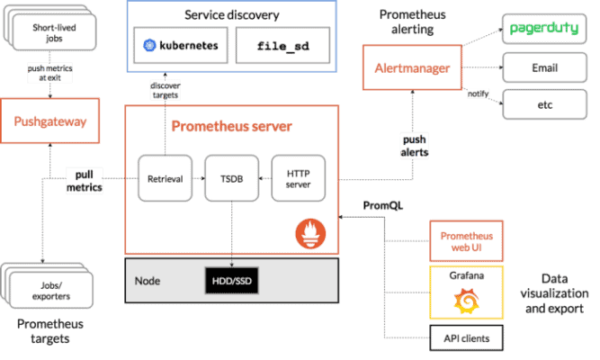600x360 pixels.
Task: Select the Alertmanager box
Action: (x=412, y=68)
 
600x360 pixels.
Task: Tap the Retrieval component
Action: (x=165, y=178)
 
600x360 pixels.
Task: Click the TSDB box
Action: (x=231, y=178)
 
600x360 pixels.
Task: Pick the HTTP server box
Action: (x=298, y=178)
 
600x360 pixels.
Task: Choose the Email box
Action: (x=543, y=68)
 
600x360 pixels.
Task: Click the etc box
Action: (x=543, y=105)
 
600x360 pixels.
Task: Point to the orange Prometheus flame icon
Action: (x=310, y=235)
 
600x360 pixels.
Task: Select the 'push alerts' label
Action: (x=414, y=146)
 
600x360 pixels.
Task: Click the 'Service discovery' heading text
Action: (x=232, y=15)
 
